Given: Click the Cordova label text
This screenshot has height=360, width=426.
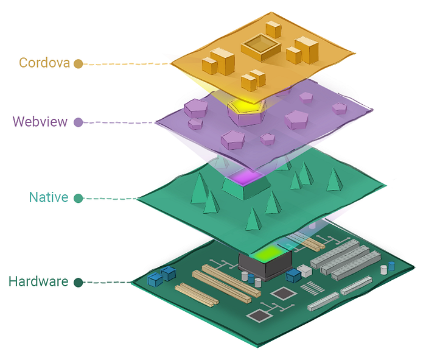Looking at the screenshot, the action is (44, 63).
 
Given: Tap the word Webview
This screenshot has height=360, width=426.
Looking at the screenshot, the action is (40, 122).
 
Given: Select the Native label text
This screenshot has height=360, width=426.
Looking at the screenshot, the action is (49, 197).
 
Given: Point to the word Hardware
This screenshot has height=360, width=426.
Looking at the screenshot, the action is (38, 281).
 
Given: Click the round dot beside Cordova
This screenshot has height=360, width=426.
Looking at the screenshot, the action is (79, 64).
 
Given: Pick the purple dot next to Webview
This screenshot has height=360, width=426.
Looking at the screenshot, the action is (79, 122).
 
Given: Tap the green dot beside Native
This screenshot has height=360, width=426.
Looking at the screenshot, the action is (79, 198).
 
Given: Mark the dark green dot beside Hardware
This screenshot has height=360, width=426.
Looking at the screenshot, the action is (79, 283).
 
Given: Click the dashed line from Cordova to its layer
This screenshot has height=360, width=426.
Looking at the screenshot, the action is (127, 64).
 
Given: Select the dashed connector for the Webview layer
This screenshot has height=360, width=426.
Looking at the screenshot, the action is (119, 122).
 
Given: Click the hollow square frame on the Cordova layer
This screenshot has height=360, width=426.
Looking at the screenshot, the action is (261, 47).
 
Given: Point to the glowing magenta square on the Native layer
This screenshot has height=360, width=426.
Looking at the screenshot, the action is (245, 177).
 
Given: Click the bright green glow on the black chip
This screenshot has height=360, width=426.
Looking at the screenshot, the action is (268, 253).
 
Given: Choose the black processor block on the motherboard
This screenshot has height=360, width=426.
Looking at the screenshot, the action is (265, 265).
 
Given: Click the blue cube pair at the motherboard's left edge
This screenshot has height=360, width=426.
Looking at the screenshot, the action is (162, 276).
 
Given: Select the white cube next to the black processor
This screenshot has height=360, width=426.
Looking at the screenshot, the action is (305, 270).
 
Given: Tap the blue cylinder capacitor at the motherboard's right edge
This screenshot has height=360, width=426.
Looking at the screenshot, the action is (391, 266).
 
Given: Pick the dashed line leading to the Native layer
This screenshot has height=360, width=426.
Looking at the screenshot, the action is (110, 199).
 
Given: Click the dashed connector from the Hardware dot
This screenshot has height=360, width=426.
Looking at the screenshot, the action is (107, 283).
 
